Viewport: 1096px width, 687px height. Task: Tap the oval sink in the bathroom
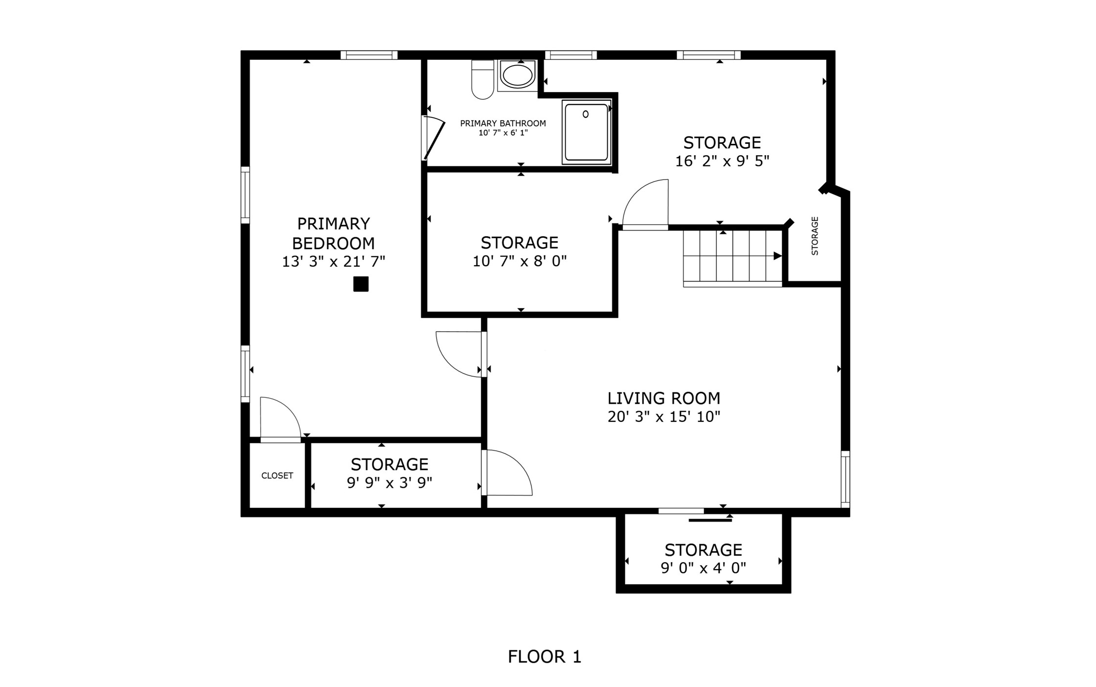click(518, 75)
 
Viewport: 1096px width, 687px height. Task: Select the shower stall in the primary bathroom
click(586, 132)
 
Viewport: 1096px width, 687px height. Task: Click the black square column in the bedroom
click(361, 284)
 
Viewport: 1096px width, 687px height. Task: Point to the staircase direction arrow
click(777, 256)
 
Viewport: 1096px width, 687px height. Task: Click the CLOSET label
click(277, 476)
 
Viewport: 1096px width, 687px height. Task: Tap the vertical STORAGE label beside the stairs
click(815, 236)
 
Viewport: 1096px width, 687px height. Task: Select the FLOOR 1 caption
click(544, 657)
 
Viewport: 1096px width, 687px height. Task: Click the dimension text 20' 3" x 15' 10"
click(663, 417)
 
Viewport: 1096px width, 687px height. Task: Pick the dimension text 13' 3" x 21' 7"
click(333, 262)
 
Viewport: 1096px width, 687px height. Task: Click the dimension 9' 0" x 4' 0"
click(703, 568)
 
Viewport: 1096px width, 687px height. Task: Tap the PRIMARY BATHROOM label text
click(502, 123)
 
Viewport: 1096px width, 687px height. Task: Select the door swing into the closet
click(280, 419)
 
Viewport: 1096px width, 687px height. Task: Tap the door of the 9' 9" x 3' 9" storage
click(507, 473)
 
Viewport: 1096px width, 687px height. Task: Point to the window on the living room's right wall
click(845, 479)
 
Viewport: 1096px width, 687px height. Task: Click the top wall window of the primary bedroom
click(368, 55)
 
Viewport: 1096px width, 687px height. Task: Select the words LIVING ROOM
click(663, 398)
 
